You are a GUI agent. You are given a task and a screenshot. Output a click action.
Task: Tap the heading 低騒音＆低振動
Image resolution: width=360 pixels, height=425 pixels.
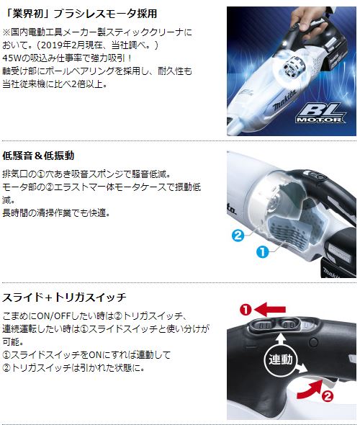click(x=39, y=155)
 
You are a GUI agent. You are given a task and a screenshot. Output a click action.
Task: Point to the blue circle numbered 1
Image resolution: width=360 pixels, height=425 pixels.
click(x=264, y=252)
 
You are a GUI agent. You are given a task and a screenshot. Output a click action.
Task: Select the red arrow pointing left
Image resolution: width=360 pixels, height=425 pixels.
click(x=271, y=309)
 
